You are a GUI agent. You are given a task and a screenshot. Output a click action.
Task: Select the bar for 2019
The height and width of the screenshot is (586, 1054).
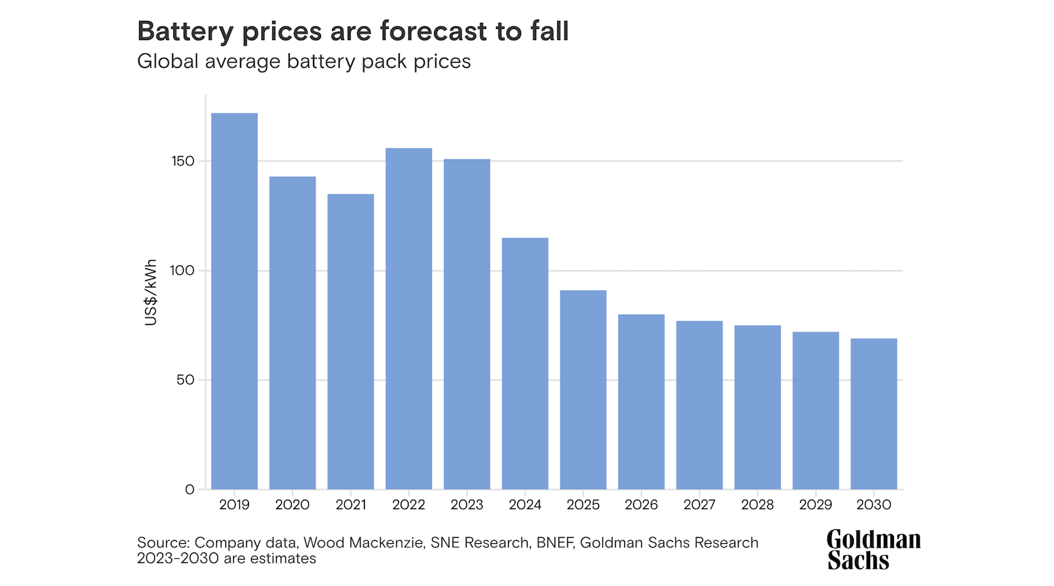pyautogui.click(x=235, y=301)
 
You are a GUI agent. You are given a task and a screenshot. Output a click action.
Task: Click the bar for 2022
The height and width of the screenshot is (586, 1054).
pyautogui.click(x=409, y=319)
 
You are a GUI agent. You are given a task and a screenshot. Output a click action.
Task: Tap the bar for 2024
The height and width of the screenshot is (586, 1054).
pyautogui.click(x=525, y=363)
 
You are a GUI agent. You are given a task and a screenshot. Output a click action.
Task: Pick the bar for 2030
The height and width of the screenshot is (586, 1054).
pyautogui.click(x=874, y=413)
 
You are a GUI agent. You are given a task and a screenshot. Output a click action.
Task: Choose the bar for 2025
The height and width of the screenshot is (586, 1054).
pyautogui.click(x=583, y=390)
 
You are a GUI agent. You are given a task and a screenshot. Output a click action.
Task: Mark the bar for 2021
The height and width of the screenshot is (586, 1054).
pyautogui.click(x=350, y=342)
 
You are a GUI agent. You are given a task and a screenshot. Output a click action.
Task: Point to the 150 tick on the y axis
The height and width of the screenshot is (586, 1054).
pyautogui.click(x=183, y=161)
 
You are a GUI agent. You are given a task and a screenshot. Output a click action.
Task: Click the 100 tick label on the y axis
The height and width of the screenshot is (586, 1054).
pyautogui.click(x=182, y=271)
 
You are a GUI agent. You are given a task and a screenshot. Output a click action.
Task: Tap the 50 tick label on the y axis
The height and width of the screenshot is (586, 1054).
pyautogui.click(x=185, y=380)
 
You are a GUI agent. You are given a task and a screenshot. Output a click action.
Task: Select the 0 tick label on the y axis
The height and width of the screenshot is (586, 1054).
pyautogui.click(x=190, y=489)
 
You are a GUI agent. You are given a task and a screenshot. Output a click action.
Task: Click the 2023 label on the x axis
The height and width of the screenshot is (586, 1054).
pyautogui.click(x=467, y=505)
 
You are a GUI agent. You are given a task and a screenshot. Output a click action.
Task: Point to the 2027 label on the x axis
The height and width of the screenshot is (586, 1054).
pyautogui.click(x=699, y=505)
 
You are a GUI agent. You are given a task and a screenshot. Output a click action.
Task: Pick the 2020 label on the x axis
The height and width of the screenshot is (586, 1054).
pyautogui.click(x=292, y=505)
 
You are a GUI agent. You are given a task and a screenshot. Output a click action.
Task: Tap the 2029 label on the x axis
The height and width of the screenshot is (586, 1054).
pyautogui.click(x=816, y=505)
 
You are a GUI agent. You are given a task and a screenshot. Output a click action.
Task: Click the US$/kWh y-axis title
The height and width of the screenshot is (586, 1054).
pyautogui.click(x=151, y=292)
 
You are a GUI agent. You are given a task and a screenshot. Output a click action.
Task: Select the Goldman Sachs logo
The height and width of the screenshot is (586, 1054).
pyautogui.click(x=874, y=550)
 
